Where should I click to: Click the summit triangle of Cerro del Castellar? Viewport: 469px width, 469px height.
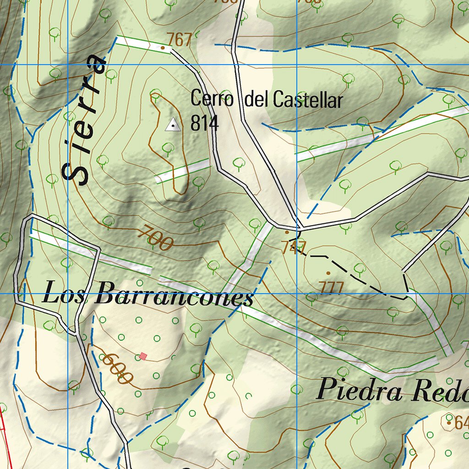pyautogui.click(x=173, y=124)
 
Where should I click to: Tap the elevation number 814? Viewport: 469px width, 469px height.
pyautogui.click(x=205, y=124)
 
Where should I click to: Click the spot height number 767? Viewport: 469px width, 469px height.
pyautogui.click(x=180, y=40)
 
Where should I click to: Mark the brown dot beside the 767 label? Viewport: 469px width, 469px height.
pyautogui.click(x=163, y=47)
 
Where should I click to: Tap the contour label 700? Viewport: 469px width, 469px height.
pyautogui.click(x=156, y=237)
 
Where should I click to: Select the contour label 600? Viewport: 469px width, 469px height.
pyautogui.click(x=117, y=368)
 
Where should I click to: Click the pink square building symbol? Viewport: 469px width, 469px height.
pyautogui.click(x=143, y=356)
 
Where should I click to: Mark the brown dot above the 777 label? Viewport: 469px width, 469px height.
pyautogui.click(x=328, y=273)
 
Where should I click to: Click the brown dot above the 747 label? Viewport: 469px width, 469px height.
pyautogui.click(x=287, y=232)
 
